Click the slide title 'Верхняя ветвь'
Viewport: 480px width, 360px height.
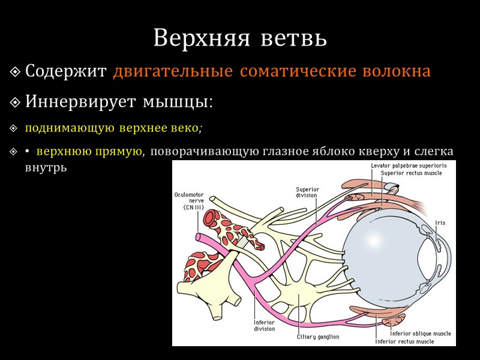(x=240, y=38)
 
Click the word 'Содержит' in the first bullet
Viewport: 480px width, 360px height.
(x=67, y=71)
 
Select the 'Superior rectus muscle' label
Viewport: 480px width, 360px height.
(x=412, y=173)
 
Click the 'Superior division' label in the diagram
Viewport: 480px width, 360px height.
(x=308, y=192)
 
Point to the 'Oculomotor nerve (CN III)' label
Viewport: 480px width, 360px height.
(x=189, y=200)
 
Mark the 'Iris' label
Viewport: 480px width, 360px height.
(x=440, y=223)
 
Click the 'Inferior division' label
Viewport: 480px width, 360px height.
(x=264, y=325)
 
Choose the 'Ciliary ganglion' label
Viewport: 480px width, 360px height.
(x=318, y=337)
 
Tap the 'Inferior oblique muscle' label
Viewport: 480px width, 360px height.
(x=421, y=333)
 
